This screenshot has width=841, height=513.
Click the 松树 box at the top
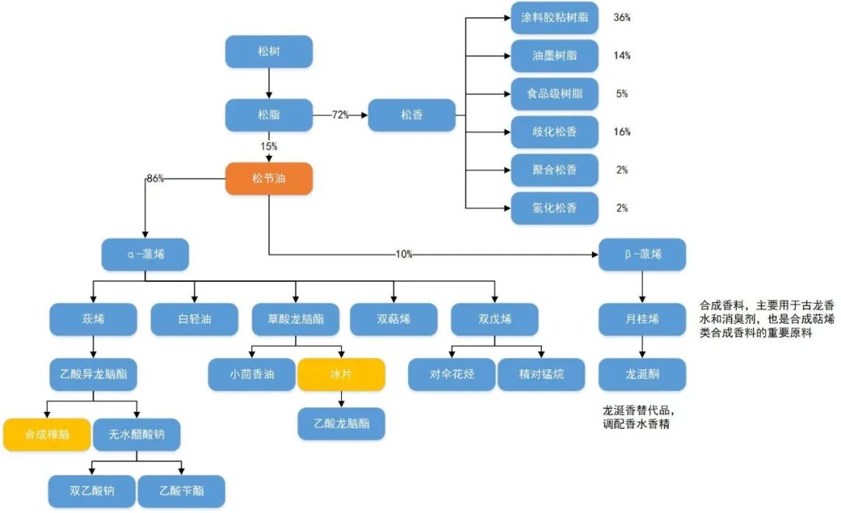click(269, 51)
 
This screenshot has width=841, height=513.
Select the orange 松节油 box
click(269, 178)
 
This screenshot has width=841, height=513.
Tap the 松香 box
click(411, 115)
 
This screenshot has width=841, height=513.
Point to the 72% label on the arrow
click(340, 115)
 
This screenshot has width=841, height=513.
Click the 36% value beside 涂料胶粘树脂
click(621, 17)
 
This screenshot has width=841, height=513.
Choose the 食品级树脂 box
click(554, 93)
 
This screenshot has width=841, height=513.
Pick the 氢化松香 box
click(554, 208)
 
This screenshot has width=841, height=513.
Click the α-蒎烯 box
click(145, 255)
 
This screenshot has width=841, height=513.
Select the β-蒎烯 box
click(642, 255)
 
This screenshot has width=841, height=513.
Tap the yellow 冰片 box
click(341, 374)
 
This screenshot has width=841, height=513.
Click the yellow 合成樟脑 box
click(47, 434)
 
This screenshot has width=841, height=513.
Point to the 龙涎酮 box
click(642, 374)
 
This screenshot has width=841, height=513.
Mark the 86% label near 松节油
click(155, 178)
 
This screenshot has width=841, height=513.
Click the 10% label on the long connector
click(403, 255)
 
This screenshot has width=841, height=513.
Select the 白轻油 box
click(194, 319)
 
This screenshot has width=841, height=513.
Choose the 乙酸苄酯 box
click(181, 491)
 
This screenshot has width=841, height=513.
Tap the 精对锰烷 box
click(541, 374)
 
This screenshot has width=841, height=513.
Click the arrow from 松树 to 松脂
click(269, 83)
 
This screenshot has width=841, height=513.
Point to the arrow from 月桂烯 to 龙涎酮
click(642, 346)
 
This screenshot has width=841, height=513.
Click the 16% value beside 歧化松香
click(621, 132)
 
